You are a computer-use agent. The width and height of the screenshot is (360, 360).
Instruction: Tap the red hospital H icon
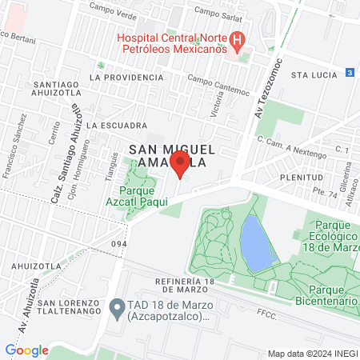coord(237,39)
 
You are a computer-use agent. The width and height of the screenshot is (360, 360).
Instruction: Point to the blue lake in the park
coord(255,244)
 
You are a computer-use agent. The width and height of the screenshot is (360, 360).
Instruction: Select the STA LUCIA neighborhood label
coord(311,74)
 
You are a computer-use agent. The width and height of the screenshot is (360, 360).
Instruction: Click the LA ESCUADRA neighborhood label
coord(117,126)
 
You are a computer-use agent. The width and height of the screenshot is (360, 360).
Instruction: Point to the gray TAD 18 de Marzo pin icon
coord(117,306)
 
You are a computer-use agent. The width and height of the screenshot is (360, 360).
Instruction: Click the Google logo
coord(26,350)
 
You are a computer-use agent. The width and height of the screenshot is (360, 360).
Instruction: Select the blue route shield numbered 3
coord(350,72)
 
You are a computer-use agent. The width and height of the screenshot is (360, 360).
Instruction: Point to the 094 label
coord(120,245)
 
